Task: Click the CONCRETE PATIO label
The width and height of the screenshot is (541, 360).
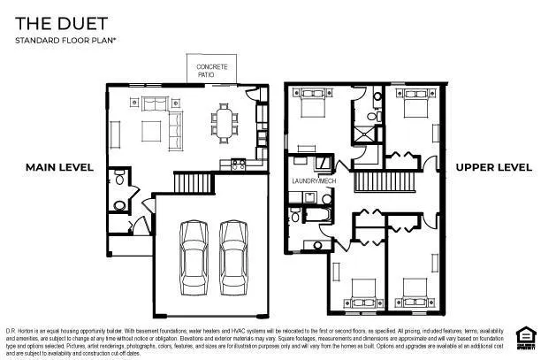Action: coord(212,69)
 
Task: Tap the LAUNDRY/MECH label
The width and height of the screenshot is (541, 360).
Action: coord(314,180)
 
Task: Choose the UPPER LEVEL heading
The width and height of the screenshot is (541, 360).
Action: coord(493,167)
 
